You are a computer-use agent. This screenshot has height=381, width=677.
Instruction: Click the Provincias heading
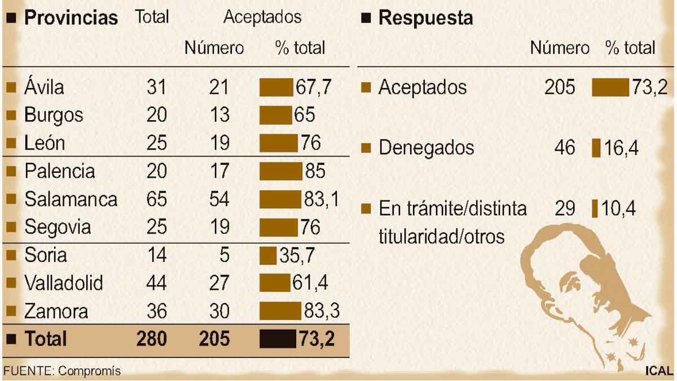tap(71, 17)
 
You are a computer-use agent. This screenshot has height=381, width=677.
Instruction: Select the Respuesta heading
tap(425, 17)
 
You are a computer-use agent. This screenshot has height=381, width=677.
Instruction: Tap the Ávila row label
tap(44, 87)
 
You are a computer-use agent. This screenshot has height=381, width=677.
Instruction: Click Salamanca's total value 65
tap(156, 199)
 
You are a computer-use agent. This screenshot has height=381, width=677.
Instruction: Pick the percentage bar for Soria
tap(268, 255)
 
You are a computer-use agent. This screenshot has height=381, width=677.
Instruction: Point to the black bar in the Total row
tap(278, 339)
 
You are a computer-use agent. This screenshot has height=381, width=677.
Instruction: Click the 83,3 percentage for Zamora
tap(321, 311)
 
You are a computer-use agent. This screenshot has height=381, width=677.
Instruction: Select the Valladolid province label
tap(64, 283)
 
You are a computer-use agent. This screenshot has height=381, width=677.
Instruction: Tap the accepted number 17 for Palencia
tap(219, 171)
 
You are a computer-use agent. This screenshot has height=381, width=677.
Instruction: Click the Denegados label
tap(426, 148)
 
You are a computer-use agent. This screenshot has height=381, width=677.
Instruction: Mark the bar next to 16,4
tap(596, 148)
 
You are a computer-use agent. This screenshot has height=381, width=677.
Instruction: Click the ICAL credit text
tap(659, 371)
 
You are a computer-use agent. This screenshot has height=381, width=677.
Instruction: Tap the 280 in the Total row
tap(152, 339)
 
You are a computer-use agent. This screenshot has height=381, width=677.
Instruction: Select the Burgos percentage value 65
tap(304, 115)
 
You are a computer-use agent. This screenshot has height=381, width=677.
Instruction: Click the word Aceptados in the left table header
tap(262, 17)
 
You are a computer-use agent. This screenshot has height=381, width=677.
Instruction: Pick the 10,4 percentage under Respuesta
tap(619, 209)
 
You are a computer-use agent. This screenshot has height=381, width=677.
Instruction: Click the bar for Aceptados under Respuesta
tap(610, 87)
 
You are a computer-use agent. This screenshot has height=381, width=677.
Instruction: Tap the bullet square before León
tap(11, 143)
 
